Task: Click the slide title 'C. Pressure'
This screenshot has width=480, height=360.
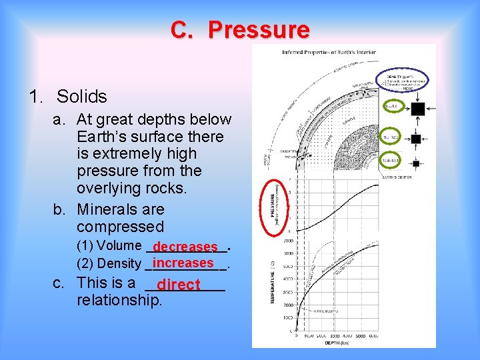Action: tap(240, 30)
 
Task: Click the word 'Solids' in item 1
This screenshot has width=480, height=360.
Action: tap(82, 97)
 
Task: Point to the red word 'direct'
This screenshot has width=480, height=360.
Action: tap(179, 285)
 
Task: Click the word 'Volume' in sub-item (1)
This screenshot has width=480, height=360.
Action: tap(120, 245)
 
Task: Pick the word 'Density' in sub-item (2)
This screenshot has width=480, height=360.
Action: tap(120, 264)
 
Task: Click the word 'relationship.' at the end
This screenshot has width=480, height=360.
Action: tap(119, 300)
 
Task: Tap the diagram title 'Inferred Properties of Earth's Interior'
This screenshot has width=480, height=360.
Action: tap(329, 52)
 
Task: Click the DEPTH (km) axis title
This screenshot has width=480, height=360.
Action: tap(337, 343)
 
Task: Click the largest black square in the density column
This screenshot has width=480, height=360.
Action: tap(417, 108)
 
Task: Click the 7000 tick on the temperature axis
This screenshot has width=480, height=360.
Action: tap(288, 241)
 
